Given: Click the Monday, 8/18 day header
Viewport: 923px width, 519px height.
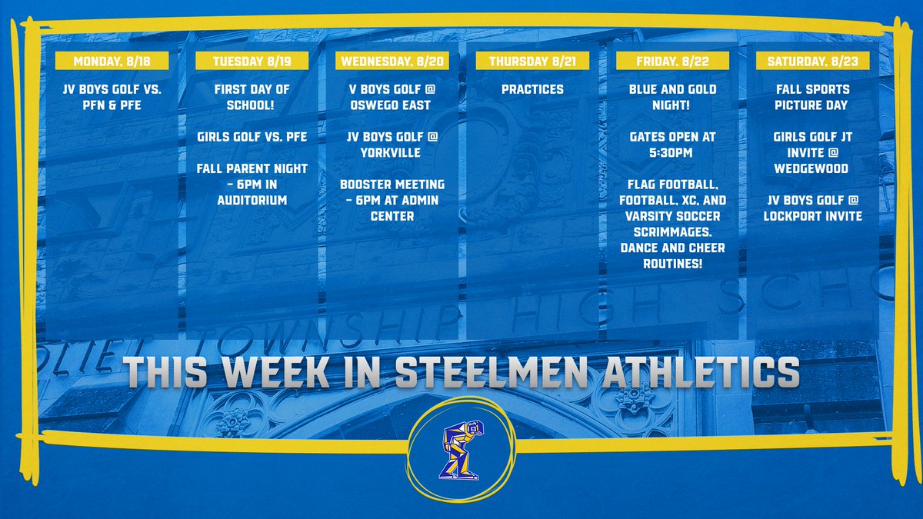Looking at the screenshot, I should pos(113,61).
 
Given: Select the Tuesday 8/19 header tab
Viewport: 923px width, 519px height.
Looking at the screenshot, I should pos(252,61).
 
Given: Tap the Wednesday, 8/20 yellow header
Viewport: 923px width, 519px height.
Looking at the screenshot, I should pos(392,61).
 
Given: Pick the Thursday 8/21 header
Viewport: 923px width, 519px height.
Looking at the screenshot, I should pos(532,61).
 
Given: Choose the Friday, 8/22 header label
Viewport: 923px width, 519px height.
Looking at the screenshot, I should pos(672,61).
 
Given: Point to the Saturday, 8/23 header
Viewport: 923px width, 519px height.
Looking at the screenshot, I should pos(813,61).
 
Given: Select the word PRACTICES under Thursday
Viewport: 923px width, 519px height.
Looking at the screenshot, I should pos(532,89).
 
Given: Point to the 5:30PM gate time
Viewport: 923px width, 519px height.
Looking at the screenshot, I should pos(672,152).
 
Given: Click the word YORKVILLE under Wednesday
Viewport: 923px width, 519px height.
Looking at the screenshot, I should pos(392,152).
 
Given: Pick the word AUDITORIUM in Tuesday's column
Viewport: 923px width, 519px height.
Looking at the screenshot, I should pos(252,201).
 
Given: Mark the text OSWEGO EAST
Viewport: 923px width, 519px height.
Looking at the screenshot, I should pos(392,105).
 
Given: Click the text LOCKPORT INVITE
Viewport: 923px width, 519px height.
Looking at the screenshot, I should pos(813,216).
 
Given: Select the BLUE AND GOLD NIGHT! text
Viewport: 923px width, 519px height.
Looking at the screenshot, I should pos(672,97).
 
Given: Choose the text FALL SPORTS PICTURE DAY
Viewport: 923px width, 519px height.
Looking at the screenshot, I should pos(813,97).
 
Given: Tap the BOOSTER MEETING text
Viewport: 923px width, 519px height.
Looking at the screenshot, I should pos(392,185).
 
